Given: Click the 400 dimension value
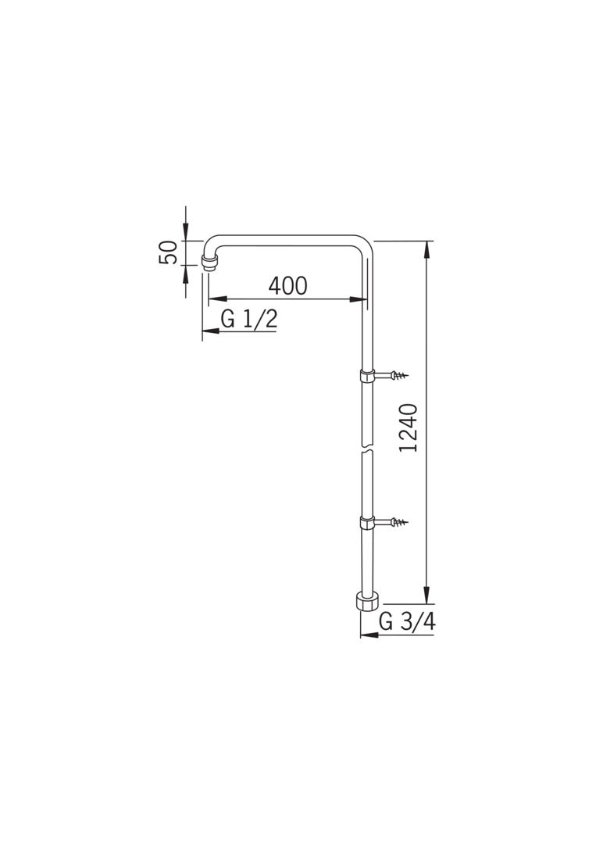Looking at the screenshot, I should click(x=287, y=285).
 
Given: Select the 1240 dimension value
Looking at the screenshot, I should click(x=409, y=427).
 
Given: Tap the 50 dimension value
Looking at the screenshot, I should click(x=168, y=252).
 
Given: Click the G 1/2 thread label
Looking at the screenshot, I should click(x=249, y=319).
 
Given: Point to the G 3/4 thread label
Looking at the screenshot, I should click(x=406, y=621).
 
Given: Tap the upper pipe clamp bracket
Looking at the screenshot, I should click(x=366, y=376).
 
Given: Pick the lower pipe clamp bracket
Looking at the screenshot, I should click(x=366, y=522).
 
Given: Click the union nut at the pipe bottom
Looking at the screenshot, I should click(x=366, y=602).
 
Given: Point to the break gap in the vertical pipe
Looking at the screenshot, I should click(x=366, y=451).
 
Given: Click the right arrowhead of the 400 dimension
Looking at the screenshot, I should click(x=358, y=299).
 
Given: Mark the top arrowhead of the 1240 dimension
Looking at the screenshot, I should click(x=426, y=249).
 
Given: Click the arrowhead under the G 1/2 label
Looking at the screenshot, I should click(x=211, y=331).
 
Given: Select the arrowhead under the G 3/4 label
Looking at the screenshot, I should click(x=369, y=635).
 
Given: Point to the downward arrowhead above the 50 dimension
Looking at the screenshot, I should click(x=186, y=232).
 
